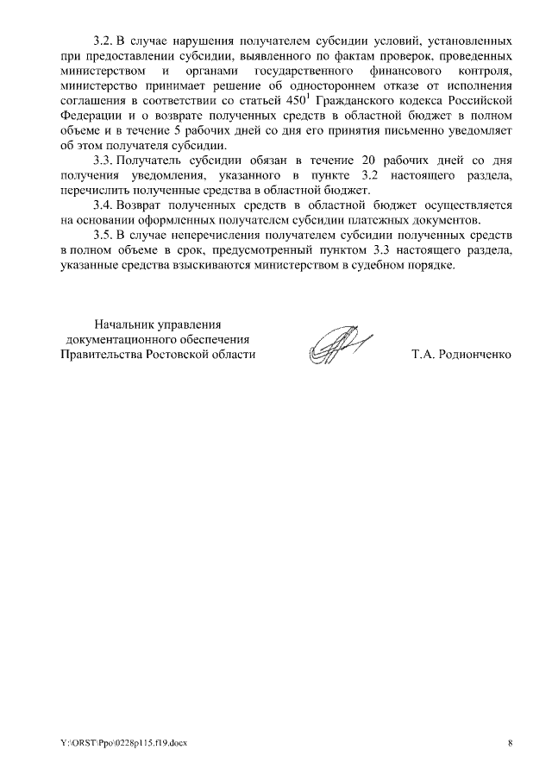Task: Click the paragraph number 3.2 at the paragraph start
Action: click(103, 41)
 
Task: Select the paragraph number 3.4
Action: click(103, 205)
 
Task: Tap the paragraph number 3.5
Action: click(103, 235)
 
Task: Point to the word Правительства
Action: click(102, 355)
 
